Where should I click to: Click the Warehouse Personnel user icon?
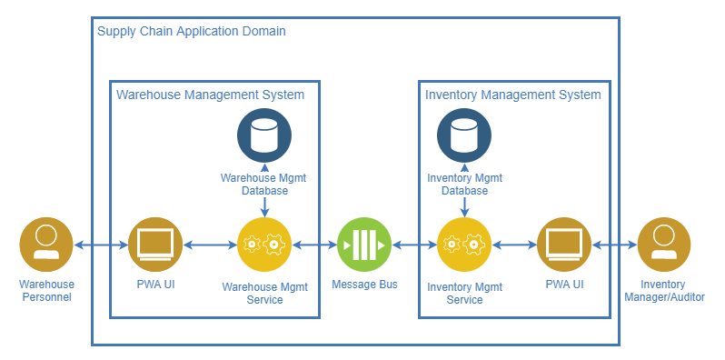click(46, 245)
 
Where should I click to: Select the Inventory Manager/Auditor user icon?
click(664, 245)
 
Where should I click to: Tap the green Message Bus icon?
click(364, 245)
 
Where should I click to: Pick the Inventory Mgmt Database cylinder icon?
click(464, 136)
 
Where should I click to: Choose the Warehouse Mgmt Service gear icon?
click(264, 245)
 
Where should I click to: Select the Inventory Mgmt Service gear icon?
click(464, 245)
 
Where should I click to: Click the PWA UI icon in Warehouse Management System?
click(155, 245)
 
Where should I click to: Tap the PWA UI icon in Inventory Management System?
click(564, 245)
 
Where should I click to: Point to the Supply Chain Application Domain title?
click(192, 31)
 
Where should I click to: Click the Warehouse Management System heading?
click(210, 95)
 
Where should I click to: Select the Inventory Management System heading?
click(512, 95)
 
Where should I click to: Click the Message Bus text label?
click(364, 285)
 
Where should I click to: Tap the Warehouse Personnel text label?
click(46, 291)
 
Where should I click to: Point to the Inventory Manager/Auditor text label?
click(664, 291)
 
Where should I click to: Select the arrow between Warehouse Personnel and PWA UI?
click(101, 245)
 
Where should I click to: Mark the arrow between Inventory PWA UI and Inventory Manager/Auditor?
click(614, 245)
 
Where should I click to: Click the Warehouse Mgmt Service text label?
click(264, 293)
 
